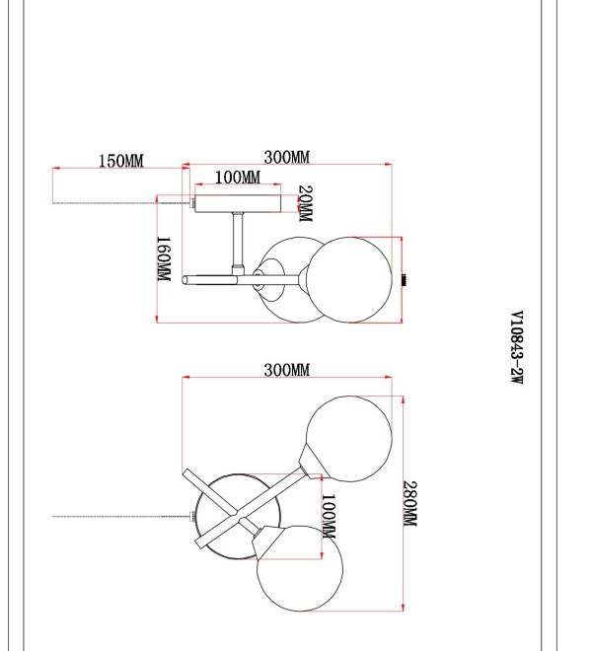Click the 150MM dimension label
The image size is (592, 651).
tap(121, 161)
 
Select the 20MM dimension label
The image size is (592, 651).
tap(305, 203)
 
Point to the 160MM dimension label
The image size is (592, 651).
tap(164, 258)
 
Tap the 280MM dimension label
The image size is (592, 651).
tap(410, 504)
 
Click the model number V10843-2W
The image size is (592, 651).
tap(517, 347)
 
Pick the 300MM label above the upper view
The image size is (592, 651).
tap(287, 158)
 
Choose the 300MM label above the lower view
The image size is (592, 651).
tap(287, 370)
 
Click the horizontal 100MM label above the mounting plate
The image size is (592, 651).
tap(238, 178)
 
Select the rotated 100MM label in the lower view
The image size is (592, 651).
tap(329, 516)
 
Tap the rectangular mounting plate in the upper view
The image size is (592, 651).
tap(238, 203)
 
